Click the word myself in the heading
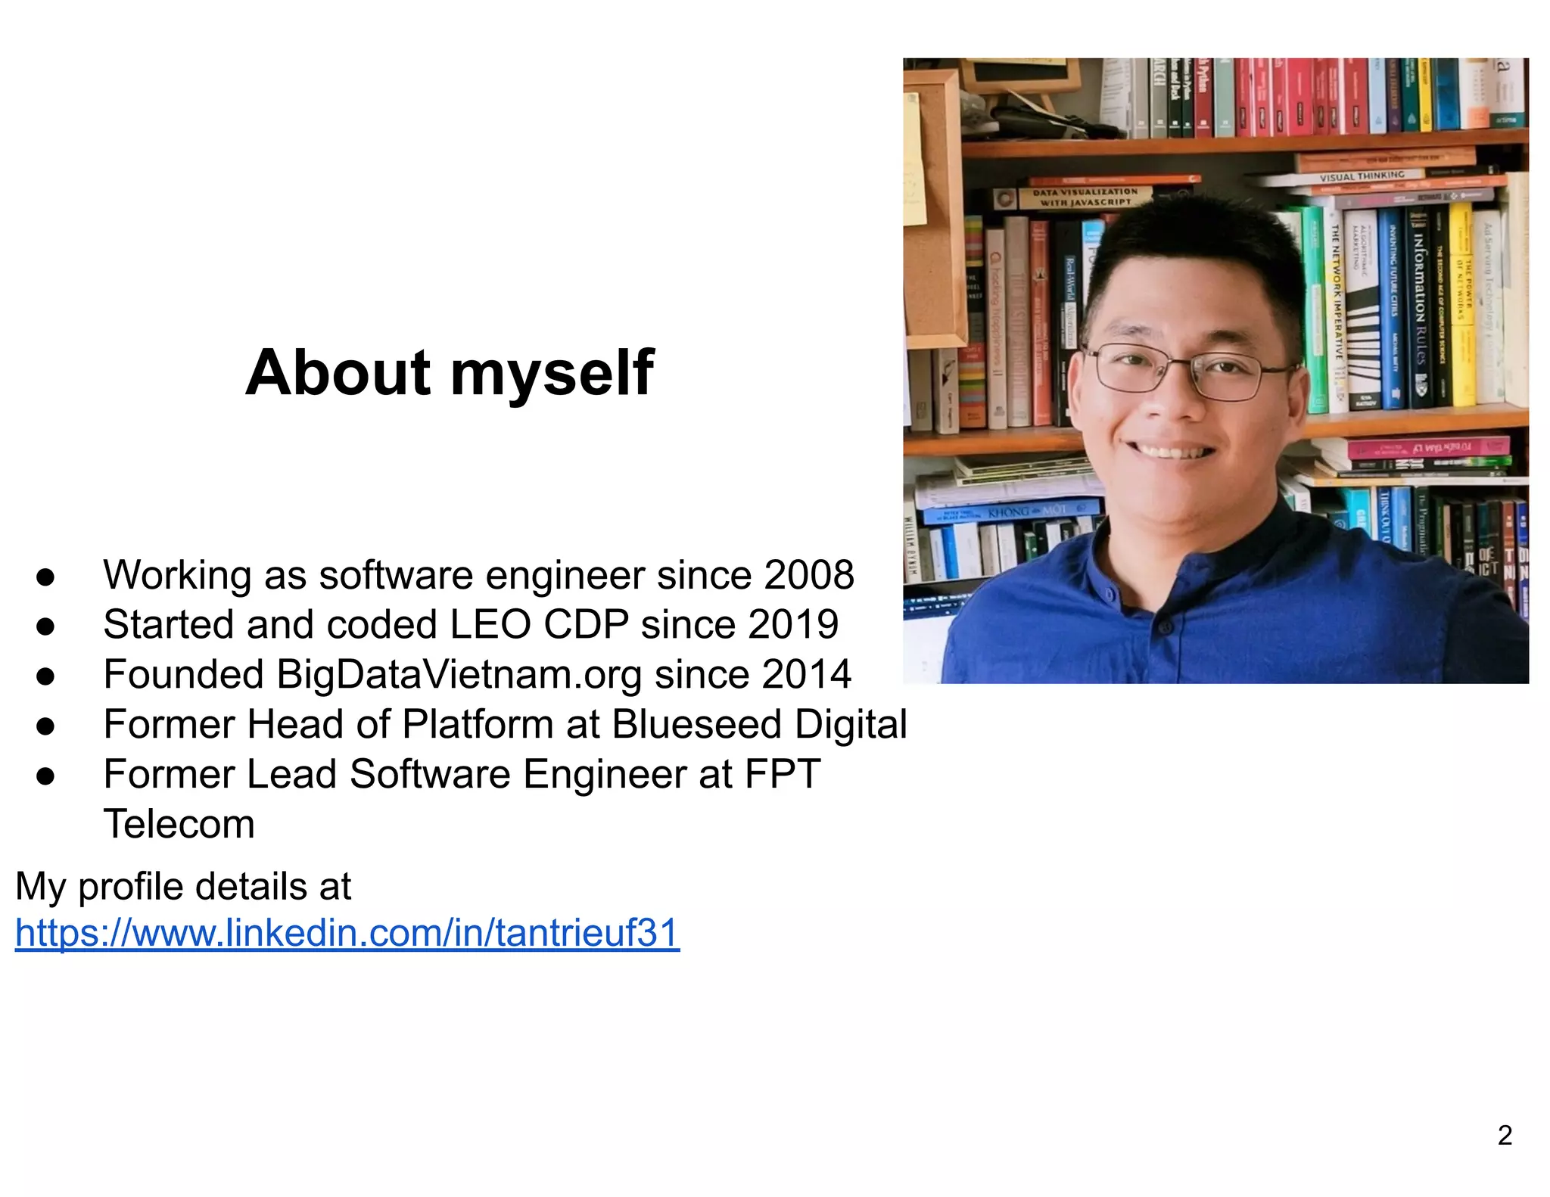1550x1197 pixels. [x=552, y=374]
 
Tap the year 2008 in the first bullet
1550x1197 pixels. [x=809, y=575]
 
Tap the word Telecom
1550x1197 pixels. [x=179, y=824]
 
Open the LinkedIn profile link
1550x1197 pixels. [x=347, y=933]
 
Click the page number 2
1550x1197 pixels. [x=1505, y=1135]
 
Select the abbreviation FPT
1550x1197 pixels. [x=783, y=775]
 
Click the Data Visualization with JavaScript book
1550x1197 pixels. [x=1085, y=197]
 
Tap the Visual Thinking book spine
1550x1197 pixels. [x=1362, y=176]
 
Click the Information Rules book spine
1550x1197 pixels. [x=1420, y=303]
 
